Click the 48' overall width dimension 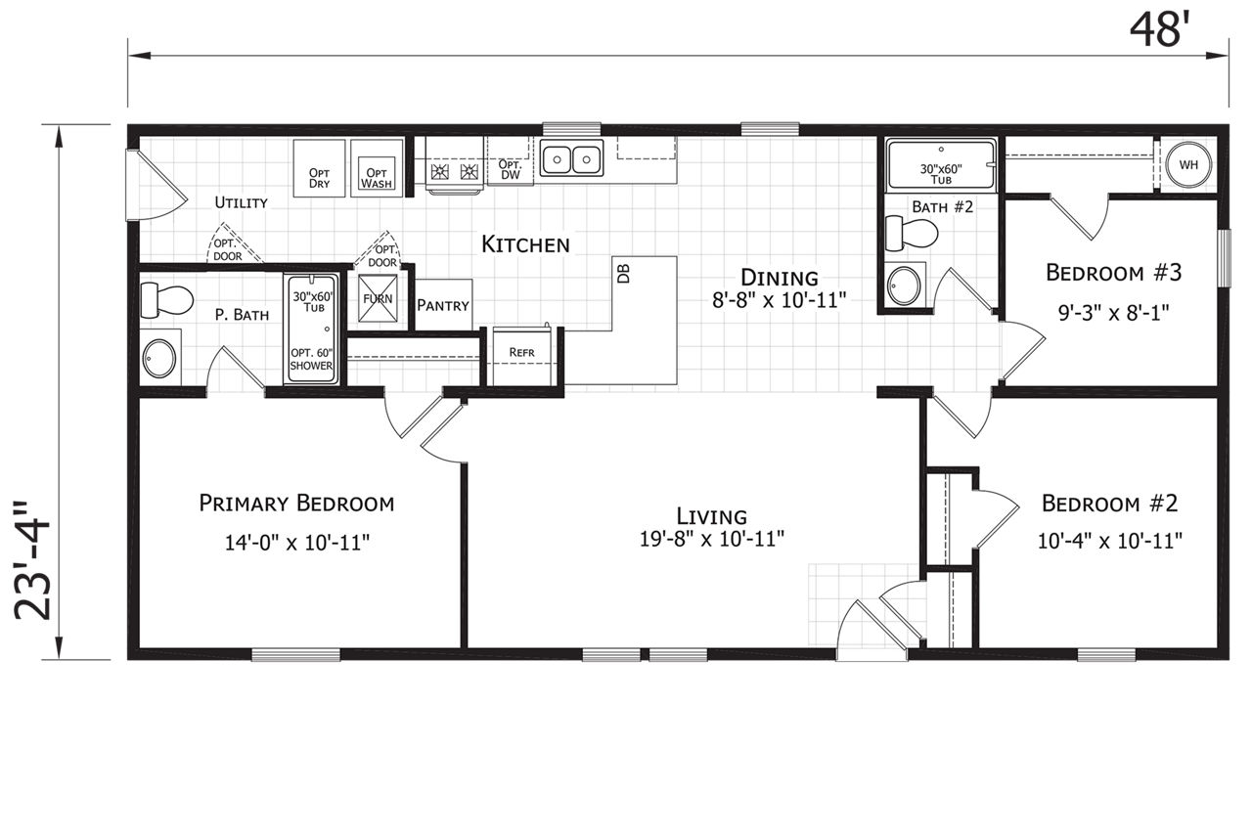(1155, 30)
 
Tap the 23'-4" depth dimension (32, 560)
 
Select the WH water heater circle (1188, 165)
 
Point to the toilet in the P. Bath (166, 300)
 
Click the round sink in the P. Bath (159, 358)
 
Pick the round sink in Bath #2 (904, 286)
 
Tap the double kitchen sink (572, 158)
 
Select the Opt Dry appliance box (319, 168)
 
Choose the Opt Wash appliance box (377, 168)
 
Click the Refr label (521, 353)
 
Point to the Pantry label (443, 306)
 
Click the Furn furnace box (378, 298)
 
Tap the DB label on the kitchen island (624, 274)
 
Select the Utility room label (242, 202)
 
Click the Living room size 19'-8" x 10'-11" (711, 540)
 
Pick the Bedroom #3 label (1113, 273)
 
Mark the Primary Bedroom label (296, 504)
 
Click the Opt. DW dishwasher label (510, 169)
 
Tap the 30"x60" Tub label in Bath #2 (941, 174)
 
